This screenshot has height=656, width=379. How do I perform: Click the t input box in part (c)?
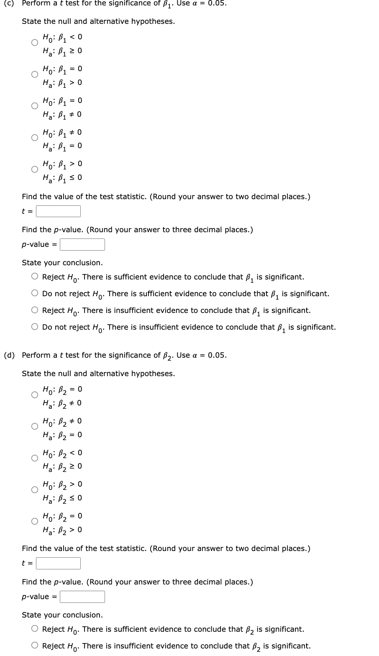coord(58,212)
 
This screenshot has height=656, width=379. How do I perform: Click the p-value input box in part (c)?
coord(82,244)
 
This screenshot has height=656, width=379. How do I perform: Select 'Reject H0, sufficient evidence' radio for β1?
coord(35,277)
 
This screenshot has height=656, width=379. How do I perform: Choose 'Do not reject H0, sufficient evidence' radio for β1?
coord(35,293)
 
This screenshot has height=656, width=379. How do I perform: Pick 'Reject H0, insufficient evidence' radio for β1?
coord(35,310)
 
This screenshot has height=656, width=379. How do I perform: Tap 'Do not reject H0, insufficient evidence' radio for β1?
coord(35,327)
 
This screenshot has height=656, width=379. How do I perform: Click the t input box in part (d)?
coord(58,564)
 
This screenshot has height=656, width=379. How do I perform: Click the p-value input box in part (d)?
coord(82,597)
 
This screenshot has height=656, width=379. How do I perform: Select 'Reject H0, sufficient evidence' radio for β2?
coord(35,629)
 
